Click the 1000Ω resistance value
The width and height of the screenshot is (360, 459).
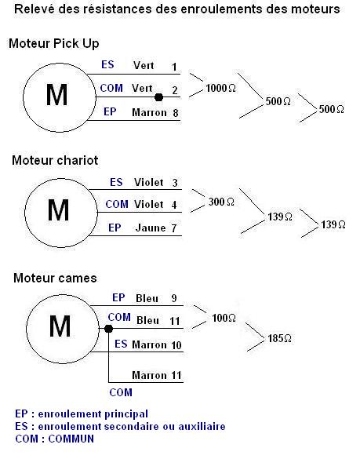click(x=220, y=88)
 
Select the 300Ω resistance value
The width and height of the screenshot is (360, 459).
click(x=221, y=202)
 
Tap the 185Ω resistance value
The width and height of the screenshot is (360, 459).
click(x=279, y=338)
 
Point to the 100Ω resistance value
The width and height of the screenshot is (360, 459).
click(x=224, y=318)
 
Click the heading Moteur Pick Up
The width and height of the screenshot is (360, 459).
click(x=54, y=44)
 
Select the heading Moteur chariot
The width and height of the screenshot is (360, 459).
click(x=55, y=160)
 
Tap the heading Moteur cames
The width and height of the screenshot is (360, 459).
click(x=55, y=278)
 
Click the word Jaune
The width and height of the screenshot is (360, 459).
click(x=151, y=228)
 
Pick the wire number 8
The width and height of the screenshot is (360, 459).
click(x=176, y=113)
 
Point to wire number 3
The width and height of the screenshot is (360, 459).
click(x=175, y=183)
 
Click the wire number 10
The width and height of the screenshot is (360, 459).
click(x=176, y=345)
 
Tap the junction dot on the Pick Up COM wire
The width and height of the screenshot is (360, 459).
click(x=158, y=97)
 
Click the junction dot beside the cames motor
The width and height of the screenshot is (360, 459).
click(x=108, y=329)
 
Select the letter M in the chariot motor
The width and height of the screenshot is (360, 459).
click(x=58, y=210)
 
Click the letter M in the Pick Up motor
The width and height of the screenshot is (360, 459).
click(x=56, y=95)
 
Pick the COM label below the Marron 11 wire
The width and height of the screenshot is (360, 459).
click(x=121, y=392)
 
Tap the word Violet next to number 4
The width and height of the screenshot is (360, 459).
click(x=149, y=204)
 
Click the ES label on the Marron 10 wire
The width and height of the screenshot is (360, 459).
click(x=121, y=344)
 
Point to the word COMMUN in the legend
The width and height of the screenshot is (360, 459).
click(x=71, y=439)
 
